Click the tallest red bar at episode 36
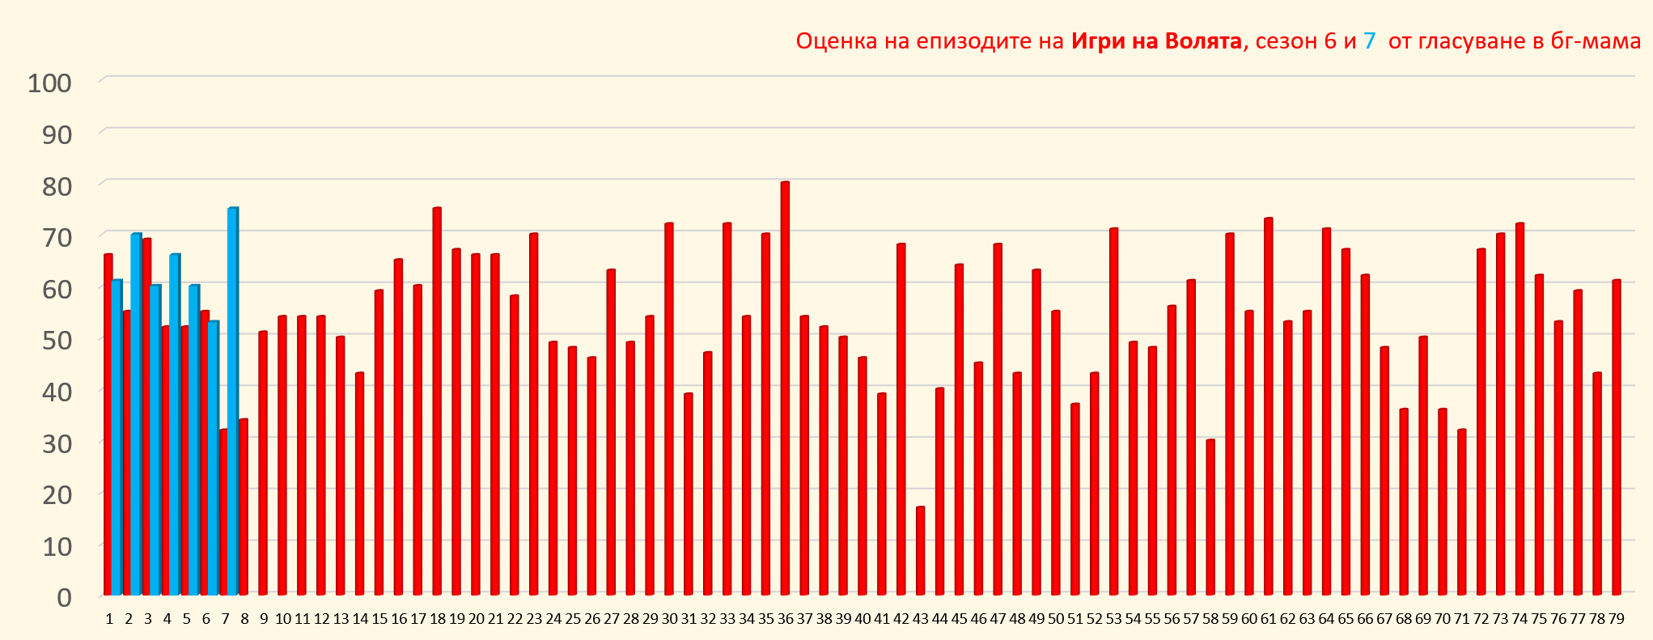point(785,388)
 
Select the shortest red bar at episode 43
point(920,550)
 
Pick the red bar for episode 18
point(437,401)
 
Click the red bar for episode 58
point(1210,518)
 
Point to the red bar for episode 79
point(1617,437)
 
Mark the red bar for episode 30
point(669,409)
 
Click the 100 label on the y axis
point(49,83)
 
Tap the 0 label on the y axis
point(64,597)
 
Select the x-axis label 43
point(920,619)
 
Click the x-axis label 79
point(1616,619)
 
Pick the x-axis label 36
point(785,619)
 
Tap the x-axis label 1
point(109,619)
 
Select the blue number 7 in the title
point(1369,41)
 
